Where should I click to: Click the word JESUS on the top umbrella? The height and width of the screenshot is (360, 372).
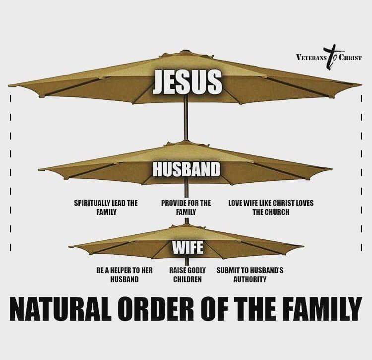click(186, 82)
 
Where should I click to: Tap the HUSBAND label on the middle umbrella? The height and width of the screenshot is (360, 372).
click(186, 168)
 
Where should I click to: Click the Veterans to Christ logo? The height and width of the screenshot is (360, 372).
click(328, 56)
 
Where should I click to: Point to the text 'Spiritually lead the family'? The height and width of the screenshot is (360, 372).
click(106, 208)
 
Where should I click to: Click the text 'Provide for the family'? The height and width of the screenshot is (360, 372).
click(186, 208)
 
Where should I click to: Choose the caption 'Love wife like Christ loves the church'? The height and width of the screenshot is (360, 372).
click(270, 208)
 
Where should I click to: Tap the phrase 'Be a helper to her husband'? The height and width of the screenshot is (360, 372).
click(124, 275)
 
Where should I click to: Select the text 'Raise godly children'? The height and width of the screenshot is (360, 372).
click(187, 275)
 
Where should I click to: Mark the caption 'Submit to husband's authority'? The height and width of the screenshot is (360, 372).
click(250, 275)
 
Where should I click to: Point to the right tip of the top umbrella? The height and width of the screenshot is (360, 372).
click(361, 84)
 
